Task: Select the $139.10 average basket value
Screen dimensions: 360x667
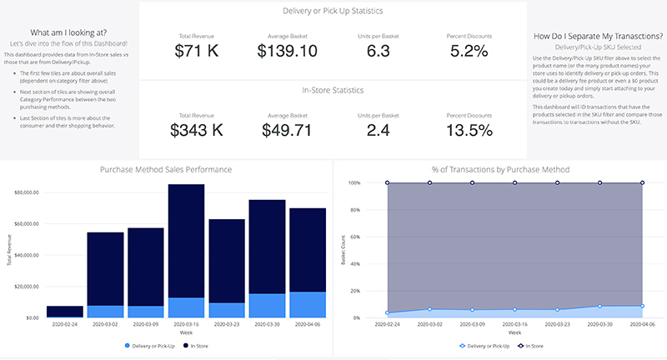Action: [287, 52]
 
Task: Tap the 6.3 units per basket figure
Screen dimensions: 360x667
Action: [379, 52]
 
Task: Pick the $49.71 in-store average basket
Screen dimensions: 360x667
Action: [287, 129]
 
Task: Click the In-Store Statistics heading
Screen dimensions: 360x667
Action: [333, 90]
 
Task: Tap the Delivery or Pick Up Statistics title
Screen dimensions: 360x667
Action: [333, 12]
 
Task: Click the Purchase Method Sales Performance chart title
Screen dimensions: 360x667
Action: [166, 169]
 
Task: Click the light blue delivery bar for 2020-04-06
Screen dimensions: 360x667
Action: [308, 304]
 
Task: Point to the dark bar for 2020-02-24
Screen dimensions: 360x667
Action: [64, 311]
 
